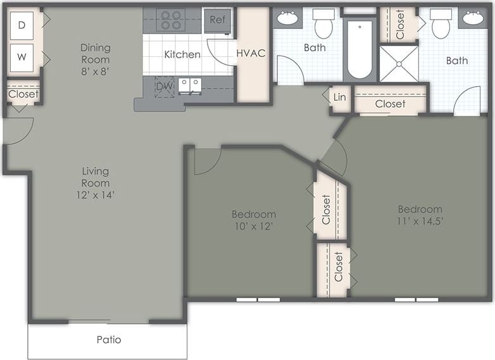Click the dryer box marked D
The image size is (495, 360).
point(22,25)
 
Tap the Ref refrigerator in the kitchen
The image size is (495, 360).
point(217,20)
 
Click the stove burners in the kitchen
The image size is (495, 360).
point(170,19)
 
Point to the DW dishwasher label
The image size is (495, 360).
point(164,86)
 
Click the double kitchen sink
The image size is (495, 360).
point(189,85)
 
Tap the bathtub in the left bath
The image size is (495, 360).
point(360,49)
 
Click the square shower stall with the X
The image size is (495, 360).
point(399,63)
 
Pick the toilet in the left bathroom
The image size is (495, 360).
point(324,24)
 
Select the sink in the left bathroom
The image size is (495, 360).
point(289,18)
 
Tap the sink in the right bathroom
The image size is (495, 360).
point(473,18)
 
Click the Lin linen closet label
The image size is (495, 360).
point(340,97)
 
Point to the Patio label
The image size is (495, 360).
point(109,340)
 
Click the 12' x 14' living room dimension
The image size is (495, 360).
point(96,195)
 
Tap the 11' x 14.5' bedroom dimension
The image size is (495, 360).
point(420,221)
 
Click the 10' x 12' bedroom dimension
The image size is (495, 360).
point(254,226)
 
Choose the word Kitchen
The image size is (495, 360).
point(182,54)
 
